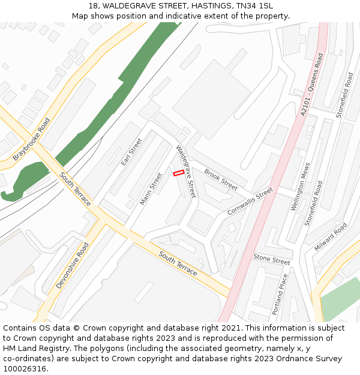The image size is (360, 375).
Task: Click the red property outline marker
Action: [178, 173]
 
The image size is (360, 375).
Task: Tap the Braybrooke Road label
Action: [32, 139]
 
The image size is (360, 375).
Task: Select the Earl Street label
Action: [131, 152]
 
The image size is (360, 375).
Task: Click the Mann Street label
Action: [151, 189]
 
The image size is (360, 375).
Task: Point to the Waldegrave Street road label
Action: [186, 172]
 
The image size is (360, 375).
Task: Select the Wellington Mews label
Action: [300, 187]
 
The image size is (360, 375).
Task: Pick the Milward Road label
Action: [331, 237]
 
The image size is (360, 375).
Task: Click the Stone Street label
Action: [271, 259]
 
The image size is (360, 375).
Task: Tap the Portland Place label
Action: [280, 295]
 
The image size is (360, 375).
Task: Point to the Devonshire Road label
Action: [73, 266]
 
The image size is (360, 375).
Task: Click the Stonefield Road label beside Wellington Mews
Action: [314, 203]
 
